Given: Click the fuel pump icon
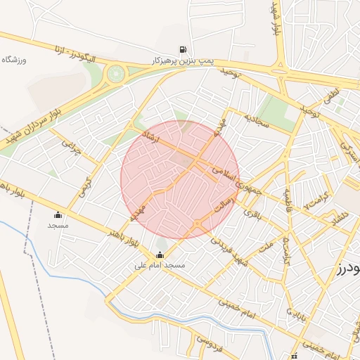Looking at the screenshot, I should pos(183,49).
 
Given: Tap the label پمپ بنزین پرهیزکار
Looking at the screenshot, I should pos(183,61).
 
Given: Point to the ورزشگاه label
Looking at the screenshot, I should pos(14,60).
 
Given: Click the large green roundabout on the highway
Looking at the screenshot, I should pos(115,72).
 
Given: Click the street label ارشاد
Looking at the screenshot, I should pos(151,138).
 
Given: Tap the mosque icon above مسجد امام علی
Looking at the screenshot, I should pos(160,255).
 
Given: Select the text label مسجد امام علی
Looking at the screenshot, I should pos(160,266).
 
